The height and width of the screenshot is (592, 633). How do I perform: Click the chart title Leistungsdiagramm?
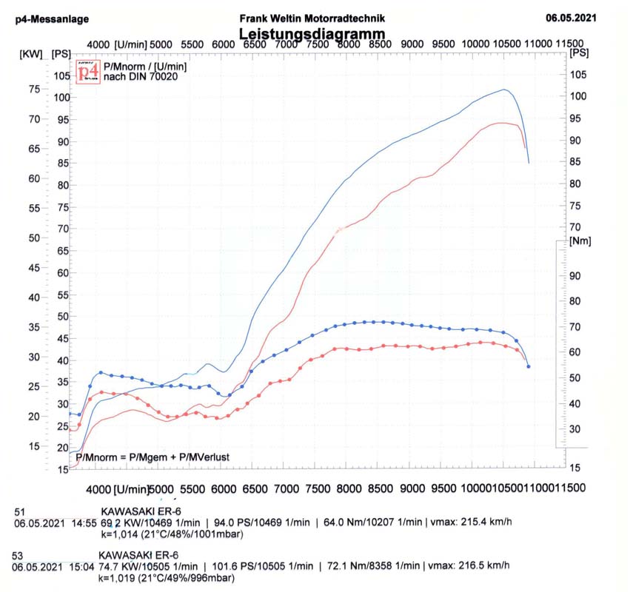pyautogui.click(x=312, y=34)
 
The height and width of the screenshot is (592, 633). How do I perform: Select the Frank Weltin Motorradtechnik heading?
pyautogui.click(x=312, y=18)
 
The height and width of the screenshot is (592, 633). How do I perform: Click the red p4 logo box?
pyautogui.click(x=88, y=72)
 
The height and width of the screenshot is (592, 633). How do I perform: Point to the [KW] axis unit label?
pyautogui.click(x=31, y=54)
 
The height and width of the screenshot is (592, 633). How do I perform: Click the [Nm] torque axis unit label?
pyautogui.click(x=578, y=242)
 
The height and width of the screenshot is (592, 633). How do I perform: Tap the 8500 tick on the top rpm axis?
pyautogui.click(x=379, y=44)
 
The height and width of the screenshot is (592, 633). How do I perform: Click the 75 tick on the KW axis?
pyautogui.click(x=33, y=89)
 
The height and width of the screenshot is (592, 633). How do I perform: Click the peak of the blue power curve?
pyautogui.click(x=504, y=90)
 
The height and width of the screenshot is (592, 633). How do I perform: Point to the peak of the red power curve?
pyautogui.click(x=502, y=123)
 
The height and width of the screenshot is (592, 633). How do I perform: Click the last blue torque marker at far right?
pyautogui.click(x=528, y=366)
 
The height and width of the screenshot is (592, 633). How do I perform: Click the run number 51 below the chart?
pyautogui.click(x=20, y=512)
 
